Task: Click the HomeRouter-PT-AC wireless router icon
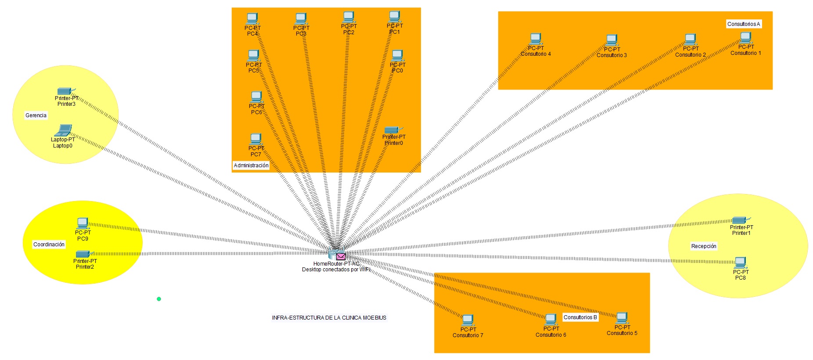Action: (x=334, y=254)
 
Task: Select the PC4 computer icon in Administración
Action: (x=252, y=18)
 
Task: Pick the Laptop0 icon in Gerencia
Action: (x=64, y=130)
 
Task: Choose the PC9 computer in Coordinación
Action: (x=83, y=223)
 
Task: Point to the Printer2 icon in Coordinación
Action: (x=83, y=254)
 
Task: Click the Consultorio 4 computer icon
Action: (x=536, y=39)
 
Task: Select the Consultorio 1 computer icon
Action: (x=746, y=38)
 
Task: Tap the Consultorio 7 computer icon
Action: (x=468, y=320)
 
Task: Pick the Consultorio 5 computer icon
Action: (x=622, y=318)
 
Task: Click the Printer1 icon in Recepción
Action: (x=740, y=220)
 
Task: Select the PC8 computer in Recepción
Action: (x=741, y=263)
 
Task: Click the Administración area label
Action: (x=251, y=166)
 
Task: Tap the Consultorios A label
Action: (x=744, y=24)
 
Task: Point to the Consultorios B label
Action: (x=580, y=317)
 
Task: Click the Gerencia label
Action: (x=36, y=115)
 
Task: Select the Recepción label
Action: (x=704, y=246)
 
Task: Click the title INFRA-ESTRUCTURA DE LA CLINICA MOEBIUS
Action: (x=329, y=318)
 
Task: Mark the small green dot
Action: (x=159, y=299)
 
